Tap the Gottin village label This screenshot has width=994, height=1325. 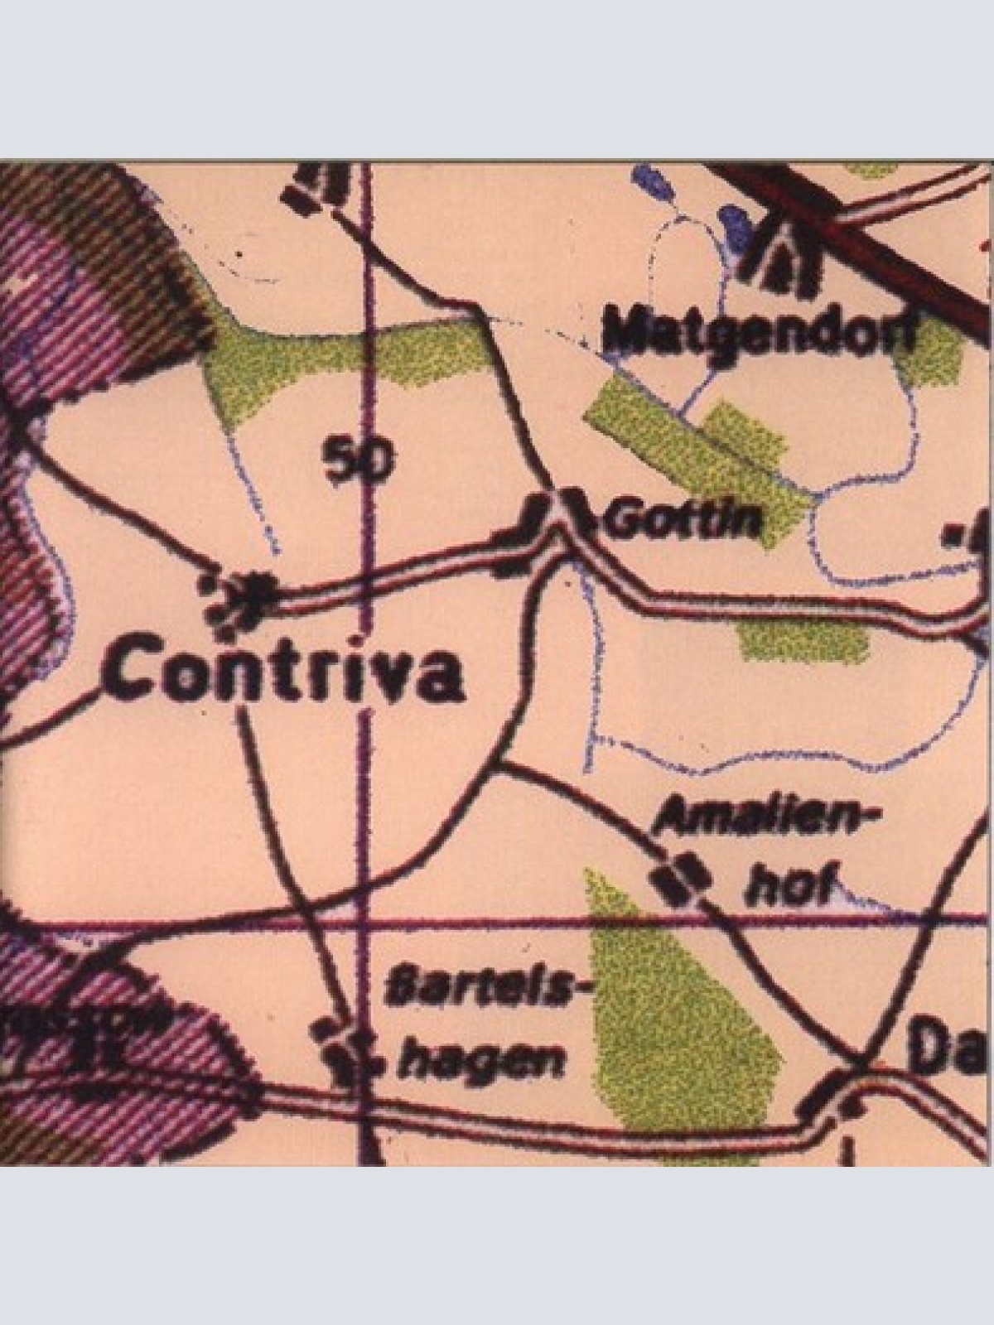tap(684, 520)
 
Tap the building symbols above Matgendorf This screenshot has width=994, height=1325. tap(784, 263)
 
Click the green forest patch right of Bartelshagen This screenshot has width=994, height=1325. tap(679, 1010)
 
